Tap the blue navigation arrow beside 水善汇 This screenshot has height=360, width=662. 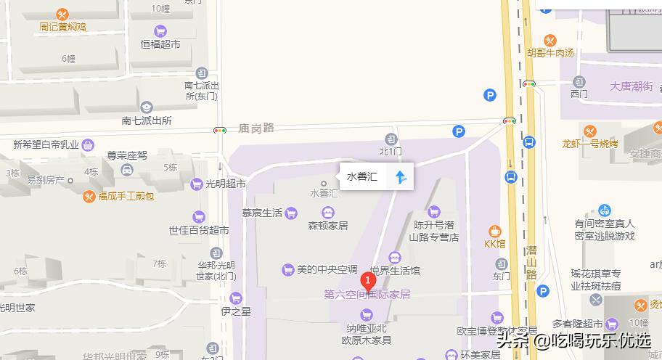click(400, 176)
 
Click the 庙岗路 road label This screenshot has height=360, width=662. click(256, 128)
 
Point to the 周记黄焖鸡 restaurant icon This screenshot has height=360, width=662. click(62, 14)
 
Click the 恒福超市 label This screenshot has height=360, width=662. click(160, 44)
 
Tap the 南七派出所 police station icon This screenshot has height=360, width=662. click(147, 107)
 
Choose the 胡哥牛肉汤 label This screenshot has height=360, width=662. click(550, 53)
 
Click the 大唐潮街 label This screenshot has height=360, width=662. click(632, 86)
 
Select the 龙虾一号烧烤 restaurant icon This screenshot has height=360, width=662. click(589, 131)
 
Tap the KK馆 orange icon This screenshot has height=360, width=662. click(496, 231)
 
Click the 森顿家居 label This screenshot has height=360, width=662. click(328, 225)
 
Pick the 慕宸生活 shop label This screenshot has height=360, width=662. click(262, 213)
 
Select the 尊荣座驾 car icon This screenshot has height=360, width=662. click(128, 171)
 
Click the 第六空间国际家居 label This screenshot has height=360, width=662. click(367, 295)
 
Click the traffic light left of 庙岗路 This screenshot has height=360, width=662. click(219, 130)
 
